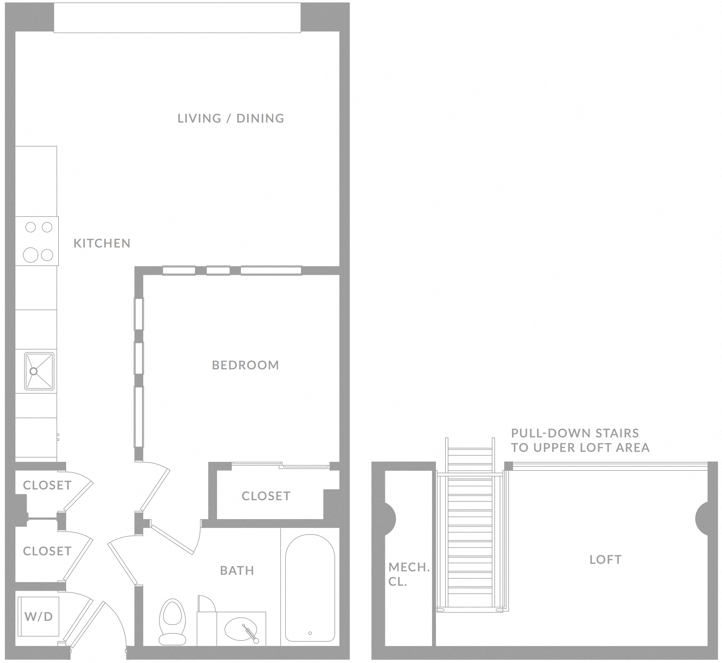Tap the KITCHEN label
coord(102,243)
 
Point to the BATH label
coord(237,570)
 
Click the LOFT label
coord(606,560)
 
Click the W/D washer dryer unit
coord(38,617)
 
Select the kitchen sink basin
coord(39,371)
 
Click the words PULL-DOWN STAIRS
coord(575,433)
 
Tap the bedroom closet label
coord(266,496)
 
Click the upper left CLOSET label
coord(47,485)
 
